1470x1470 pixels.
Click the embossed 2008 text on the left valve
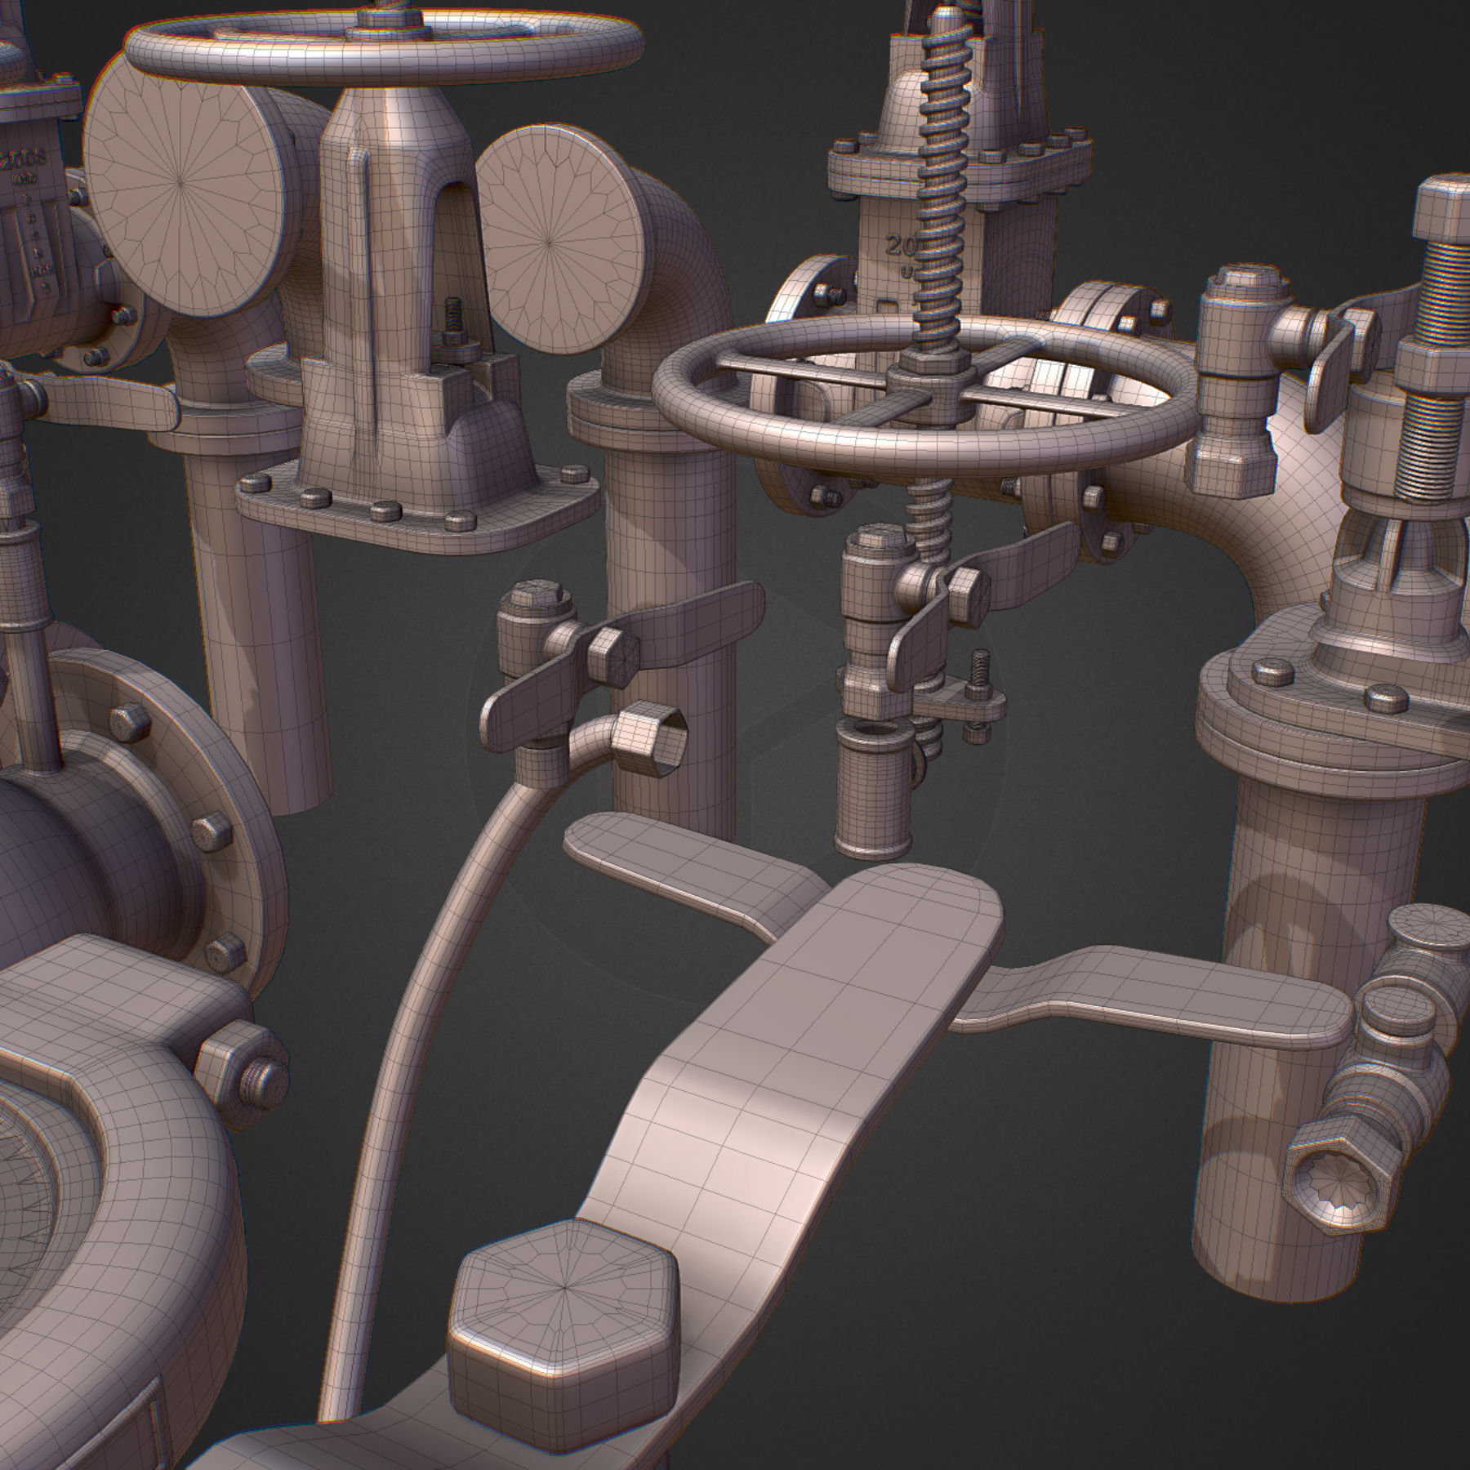coord(24,158)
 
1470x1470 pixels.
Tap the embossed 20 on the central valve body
coord(901,247)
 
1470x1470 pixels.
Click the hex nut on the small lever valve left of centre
coord(612,653)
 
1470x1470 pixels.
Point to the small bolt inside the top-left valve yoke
coord(452,318)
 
